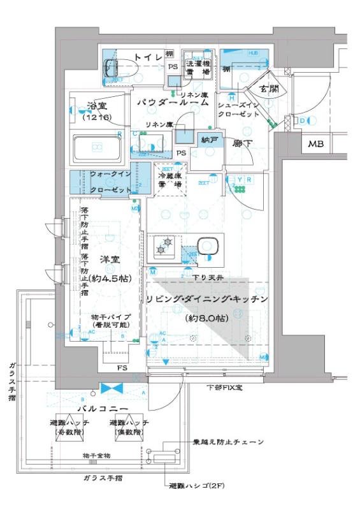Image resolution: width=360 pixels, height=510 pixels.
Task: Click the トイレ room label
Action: (x=150, y=58)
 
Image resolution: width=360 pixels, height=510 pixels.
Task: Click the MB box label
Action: (x=316, y=145)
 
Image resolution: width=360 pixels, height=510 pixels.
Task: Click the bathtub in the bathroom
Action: (x=98, y=147)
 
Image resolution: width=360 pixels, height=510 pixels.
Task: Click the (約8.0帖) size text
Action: (x=206, y=317)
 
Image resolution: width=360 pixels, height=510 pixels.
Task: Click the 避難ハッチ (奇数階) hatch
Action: (x=69, y=428)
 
